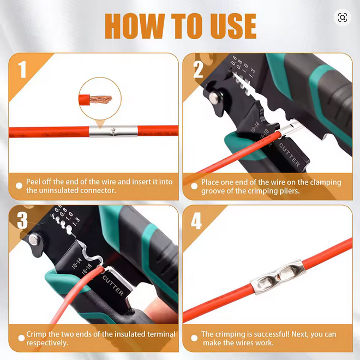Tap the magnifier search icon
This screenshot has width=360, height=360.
pos(343,17)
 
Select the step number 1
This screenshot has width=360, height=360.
pos(22,69)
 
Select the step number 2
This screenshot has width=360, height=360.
pos(198,69)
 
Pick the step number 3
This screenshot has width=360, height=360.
pos(22,220)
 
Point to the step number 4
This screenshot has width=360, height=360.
pos(196,221)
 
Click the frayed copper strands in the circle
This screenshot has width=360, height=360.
pos(100,99)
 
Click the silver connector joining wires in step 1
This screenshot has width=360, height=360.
pos(113,131)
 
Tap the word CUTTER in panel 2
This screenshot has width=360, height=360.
pos(290,155)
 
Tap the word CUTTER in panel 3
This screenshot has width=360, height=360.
pos(113,285)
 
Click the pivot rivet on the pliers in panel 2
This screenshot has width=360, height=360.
pos(214,97)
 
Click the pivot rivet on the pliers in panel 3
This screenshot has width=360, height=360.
pos(34,239)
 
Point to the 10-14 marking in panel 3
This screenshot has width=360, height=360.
pos(77,263)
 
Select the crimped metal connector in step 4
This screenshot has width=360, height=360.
pos(278,276)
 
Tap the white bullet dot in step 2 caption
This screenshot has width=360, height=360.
pos(194,186)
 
